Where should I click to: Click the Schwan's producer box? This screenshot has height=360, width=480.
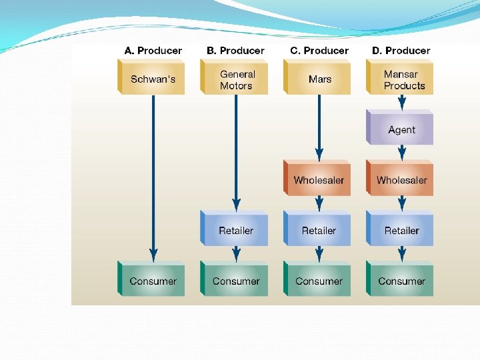(x=153, y=79)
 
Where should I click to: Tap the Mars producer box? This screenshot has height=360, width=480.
(x=319, y=79)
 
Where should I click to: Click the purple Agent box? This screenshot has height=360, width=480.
(x=401, y=130)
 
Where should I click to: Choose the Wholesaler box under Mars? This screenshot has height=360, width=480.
(x=319, y=180)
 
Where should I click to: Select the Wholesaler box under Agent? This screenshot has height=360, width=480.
(x=401, y=180)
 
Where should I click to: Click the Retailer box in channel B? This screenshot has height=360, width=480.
(x=235, y=231)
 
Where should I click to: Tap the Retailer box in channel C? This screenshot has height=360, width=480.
(x=319, y=231)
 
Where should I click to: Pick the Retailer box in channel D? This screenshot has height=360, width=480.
(x=401, y=231)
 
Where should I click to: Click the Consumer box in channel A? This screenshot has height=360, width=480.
(x=153, y=281)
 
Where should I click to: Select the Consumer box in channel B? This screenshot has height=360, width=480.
(x=235, y=281)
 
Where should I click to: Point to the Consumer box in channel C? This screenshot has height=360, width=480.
(x=319, y=281)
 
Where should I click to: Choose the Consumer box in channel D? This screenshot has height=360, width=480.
(x=401, y=281)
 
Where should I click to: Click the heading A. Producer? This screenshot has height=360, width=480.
(x=153, y=51)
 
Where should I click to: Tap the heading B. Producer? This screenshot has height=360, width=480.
(x=235, y=51)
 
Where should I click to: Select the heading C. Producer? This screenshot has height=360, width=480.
(x=319, y=51)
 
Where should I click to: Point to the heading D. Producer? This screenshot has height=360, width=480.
(x=401, y=51)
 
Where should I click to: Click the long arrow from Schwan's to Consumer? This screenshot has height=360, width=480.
(x=153, y=173)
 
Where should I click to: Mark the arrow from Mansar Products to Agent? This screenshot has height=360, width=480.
(x=401, y=102)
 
